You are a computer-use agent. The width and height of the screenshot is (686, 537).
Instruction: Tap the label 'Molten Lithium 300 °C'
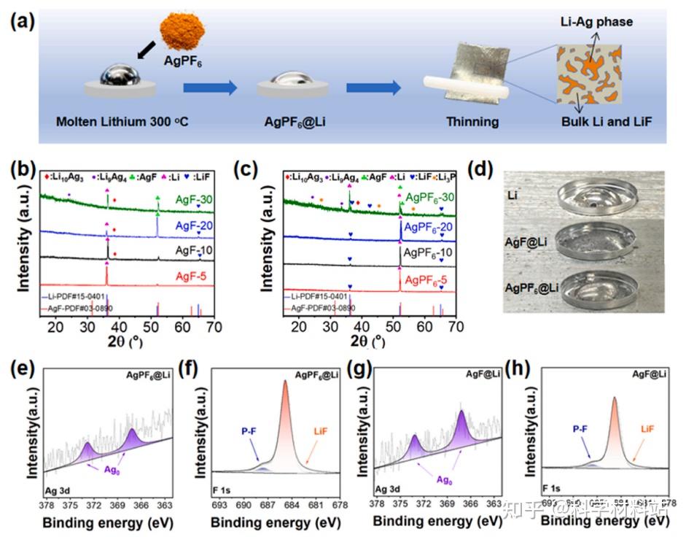point(122,121)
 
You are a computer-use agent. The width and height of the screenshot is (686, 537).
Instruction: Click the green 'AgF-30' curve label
point(193,198)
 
